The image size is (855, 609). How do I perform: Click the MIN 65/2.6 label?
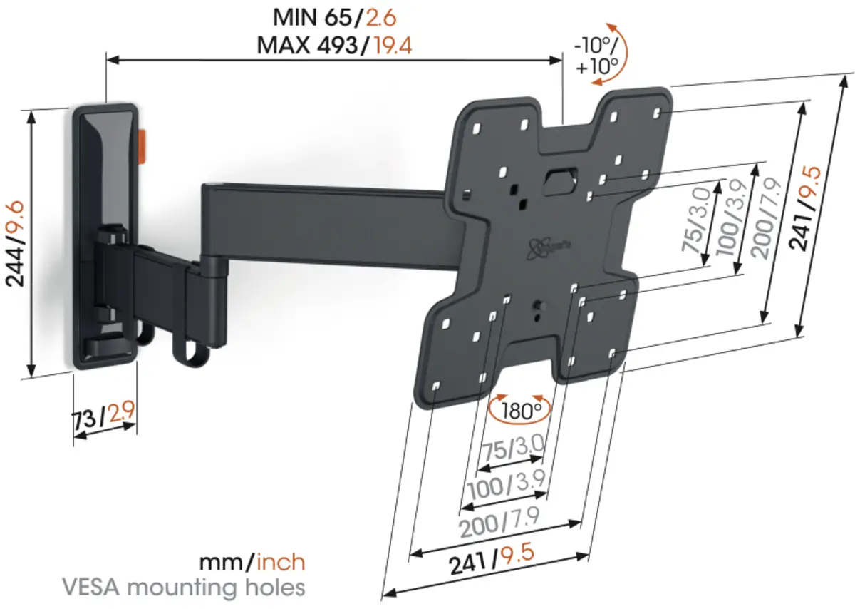tap(335, 17)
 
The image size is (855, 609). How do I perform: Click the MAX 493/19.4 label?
tap(334, 45)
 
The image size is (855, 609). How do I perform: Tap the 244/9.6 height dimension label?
tap(15, 244)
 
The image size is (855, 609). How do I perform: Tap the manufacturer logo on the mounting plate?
tap(549, 248)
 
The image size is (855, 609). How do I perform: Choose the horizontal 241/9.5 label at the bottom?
tap(491, 559)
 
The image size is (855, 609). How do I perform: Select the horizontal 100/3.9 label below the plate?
tap(506, 484)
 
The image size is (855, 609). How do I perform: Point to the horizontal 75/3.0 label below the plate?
tap(513, 448)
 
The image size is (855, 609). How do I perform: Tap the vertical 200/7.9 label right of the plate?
tap(767, 218)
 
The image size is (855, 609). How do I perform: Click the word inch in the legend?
tap(281, 563)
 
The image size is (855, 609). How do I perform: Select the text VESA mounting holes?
tap(184, 587)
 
